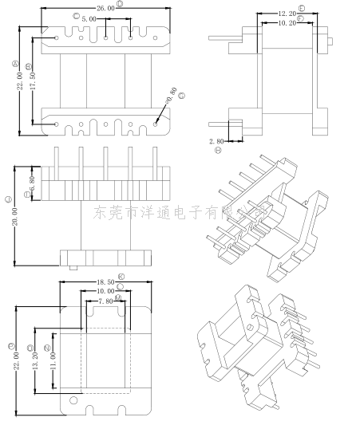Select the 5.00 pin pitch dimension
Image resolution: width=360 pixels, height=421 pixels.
tap(89, 18)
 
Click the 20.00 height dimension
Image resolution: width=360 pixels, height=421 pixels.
tap(15, 215)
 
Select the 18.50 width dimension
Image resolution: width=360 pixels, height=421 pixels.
tap(105, 282)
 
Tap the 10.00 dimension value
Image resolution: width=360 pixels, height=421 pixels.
tap(105, 291)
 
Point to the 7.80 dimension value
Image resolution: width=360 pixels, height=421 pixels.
tap(105, 300)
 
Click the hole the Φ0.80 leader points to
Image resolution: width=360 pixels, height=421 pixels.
tap(156, 124)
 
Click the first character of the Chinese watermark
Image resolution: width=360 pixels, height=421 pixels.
tap(101, 214)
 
